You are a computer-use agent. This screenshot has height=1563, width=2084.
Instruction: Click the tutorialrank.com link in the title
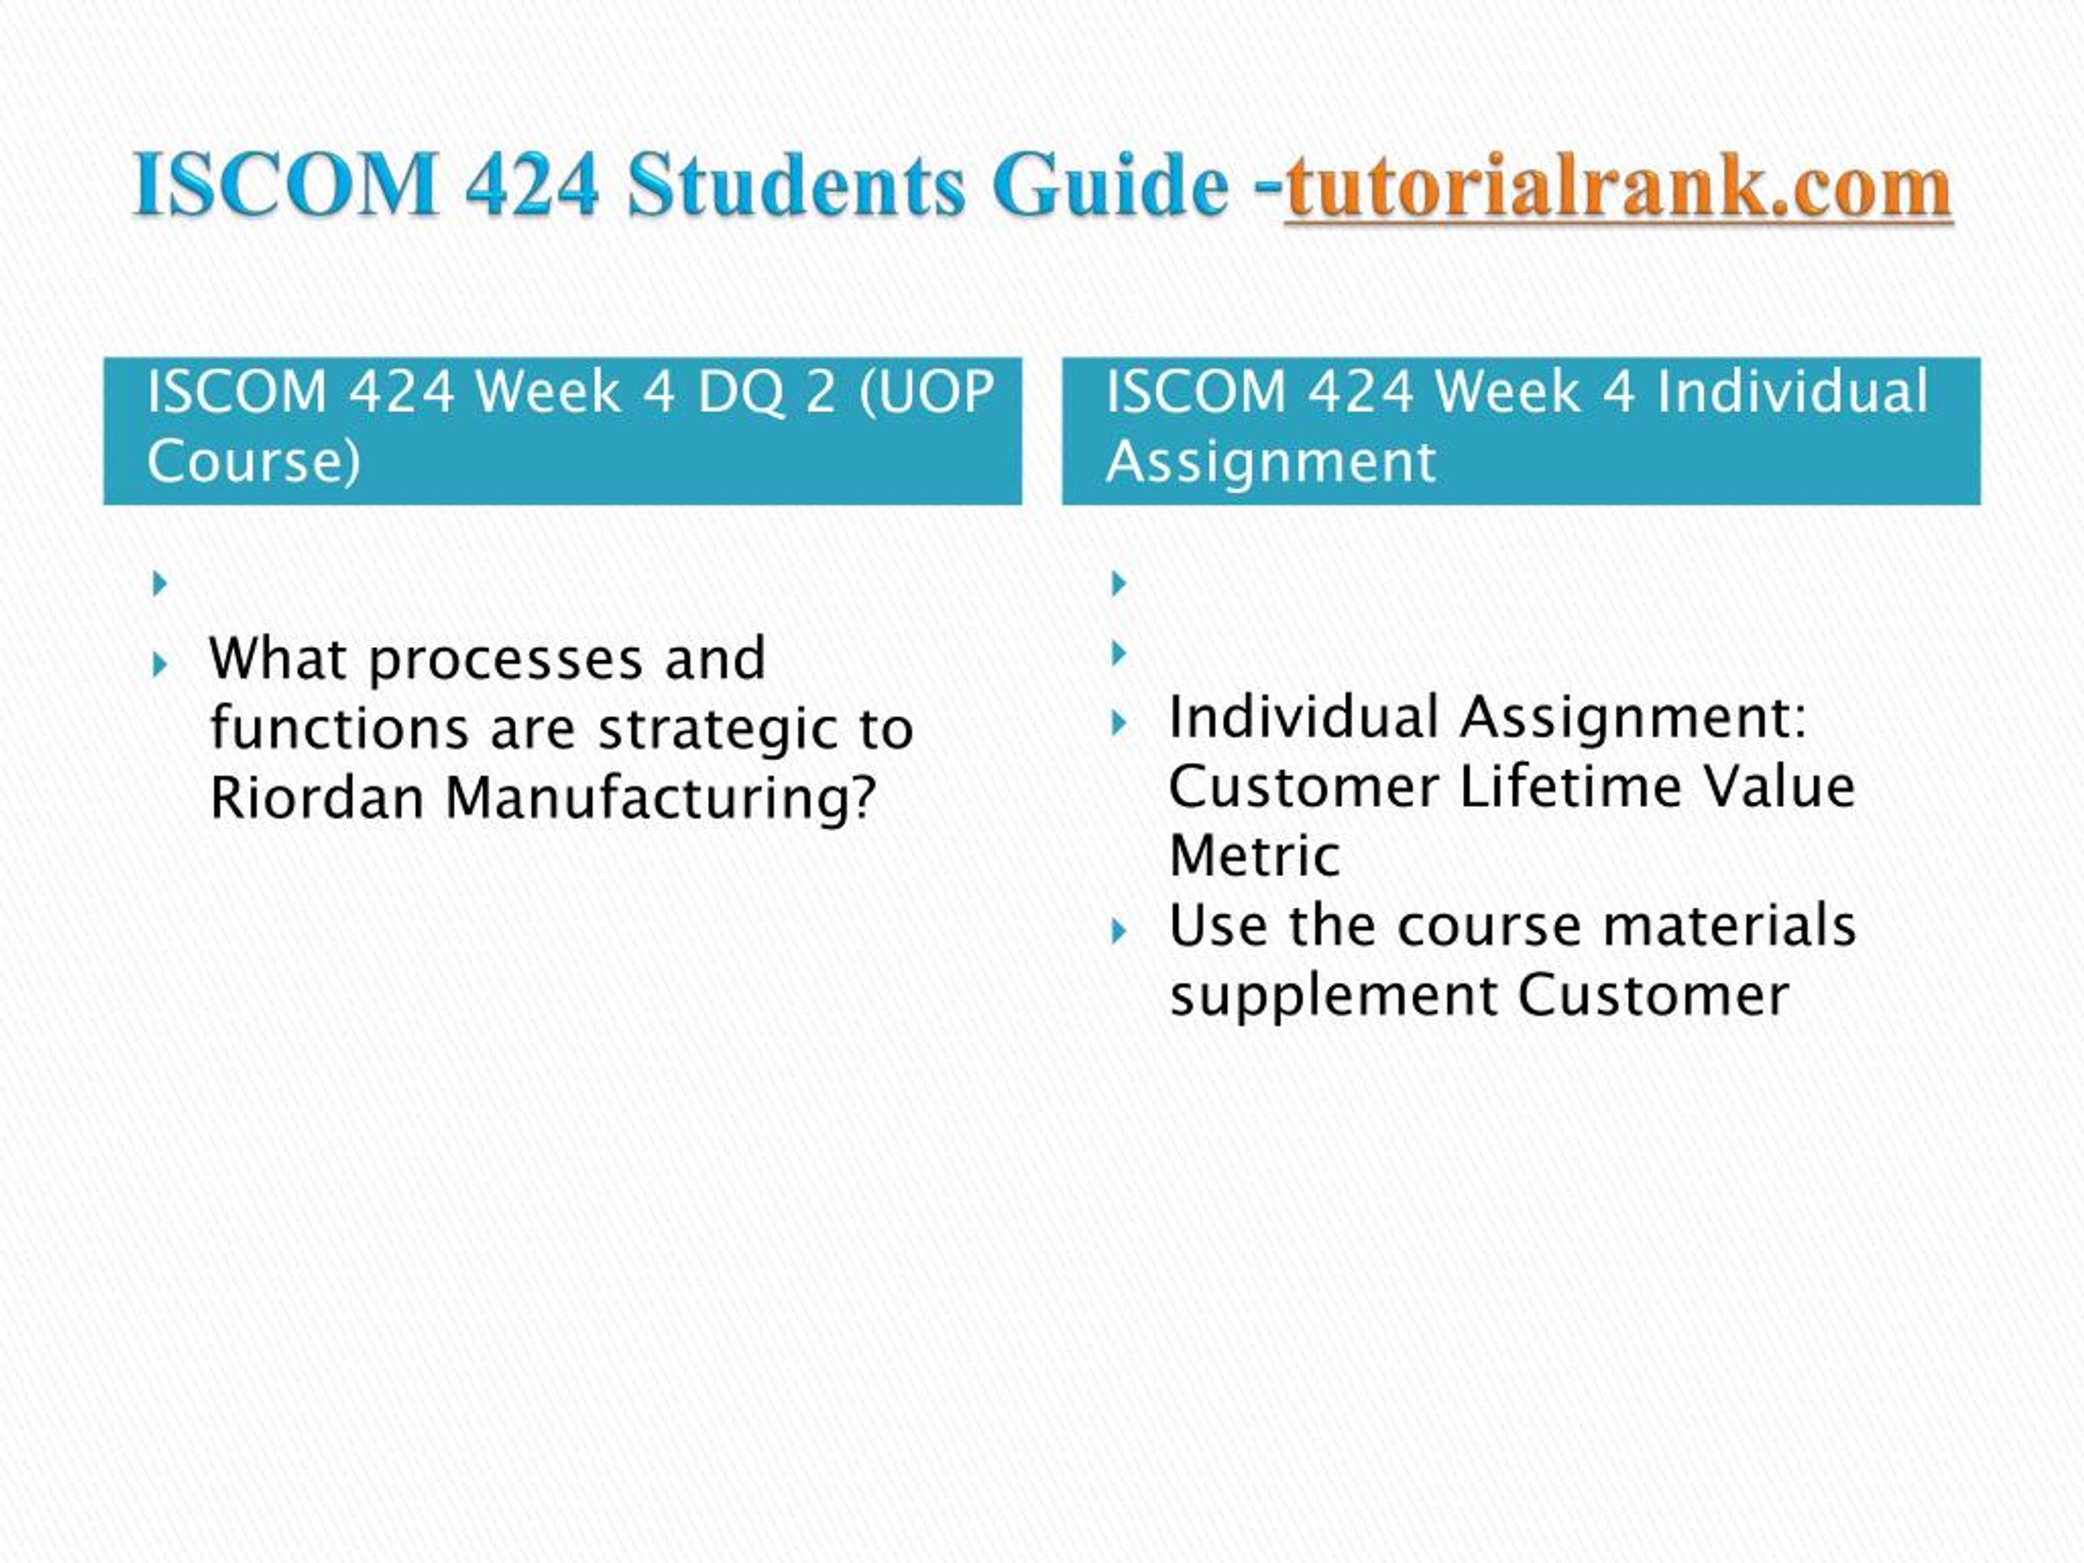pos(1618,186)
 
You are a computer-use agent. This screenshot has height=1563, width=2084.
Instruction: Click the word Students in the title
pos(796,185)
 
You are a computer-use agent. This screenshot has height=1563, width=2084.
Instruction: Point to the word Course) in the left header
pos(253,462)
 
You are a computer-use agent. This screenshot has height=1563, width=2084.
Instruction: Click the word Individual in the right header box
pos(1793,391)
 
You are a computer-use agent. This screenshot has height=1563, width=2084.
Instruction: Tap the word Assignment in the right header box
pos(1270,462)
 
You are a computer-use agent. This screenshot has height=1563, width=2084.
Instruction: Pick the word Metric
pos(1253,856)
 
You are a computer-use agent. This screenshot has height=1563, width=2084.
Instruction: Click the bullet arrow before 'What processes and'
pos(160,666)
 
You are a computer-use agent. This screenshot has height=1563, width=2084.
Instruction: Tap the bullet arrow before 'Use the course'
pos(1119,933)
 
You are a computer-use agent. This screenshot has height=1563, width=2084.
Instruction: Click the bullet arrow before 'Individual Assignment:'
pos(1119,724)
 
